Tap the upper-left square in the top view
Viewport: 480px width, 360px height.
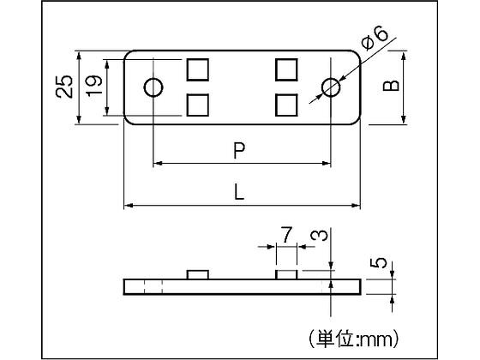point(198,69)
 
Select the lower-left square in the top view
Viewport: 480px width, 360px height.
point(198,105)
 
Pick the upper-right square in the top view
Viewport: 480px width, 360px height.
point(286,69)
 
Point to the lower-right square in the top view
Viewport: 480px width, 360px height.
point(286,105)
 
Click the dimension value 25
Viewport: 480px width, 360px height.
point(64,87)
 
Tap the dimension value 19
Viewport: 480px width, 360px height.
point(94,86)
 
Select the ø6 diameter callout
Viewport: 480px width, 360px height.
point(374,39)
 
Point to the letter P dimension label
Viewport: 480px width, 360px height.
point(239,151)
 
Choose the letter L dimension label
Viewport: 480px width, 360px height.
point(239,192)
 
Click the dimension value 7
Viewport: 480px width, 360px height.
point(286,235)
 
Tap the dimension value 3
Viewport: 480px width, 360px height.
point(319,236)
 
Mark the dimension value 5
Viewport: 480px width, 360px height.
point(379,263)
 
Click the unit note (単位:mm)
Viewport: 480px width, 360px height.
point(353,339)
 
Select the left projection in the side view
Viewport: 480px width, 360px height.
point(198,275)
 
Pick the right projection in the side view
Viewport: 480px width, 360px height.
point(286,275)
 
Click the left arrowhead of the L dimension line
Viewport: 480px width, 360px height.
point(129,205)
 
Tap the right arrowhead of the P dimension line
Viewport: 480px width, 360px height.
point(327,163)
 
